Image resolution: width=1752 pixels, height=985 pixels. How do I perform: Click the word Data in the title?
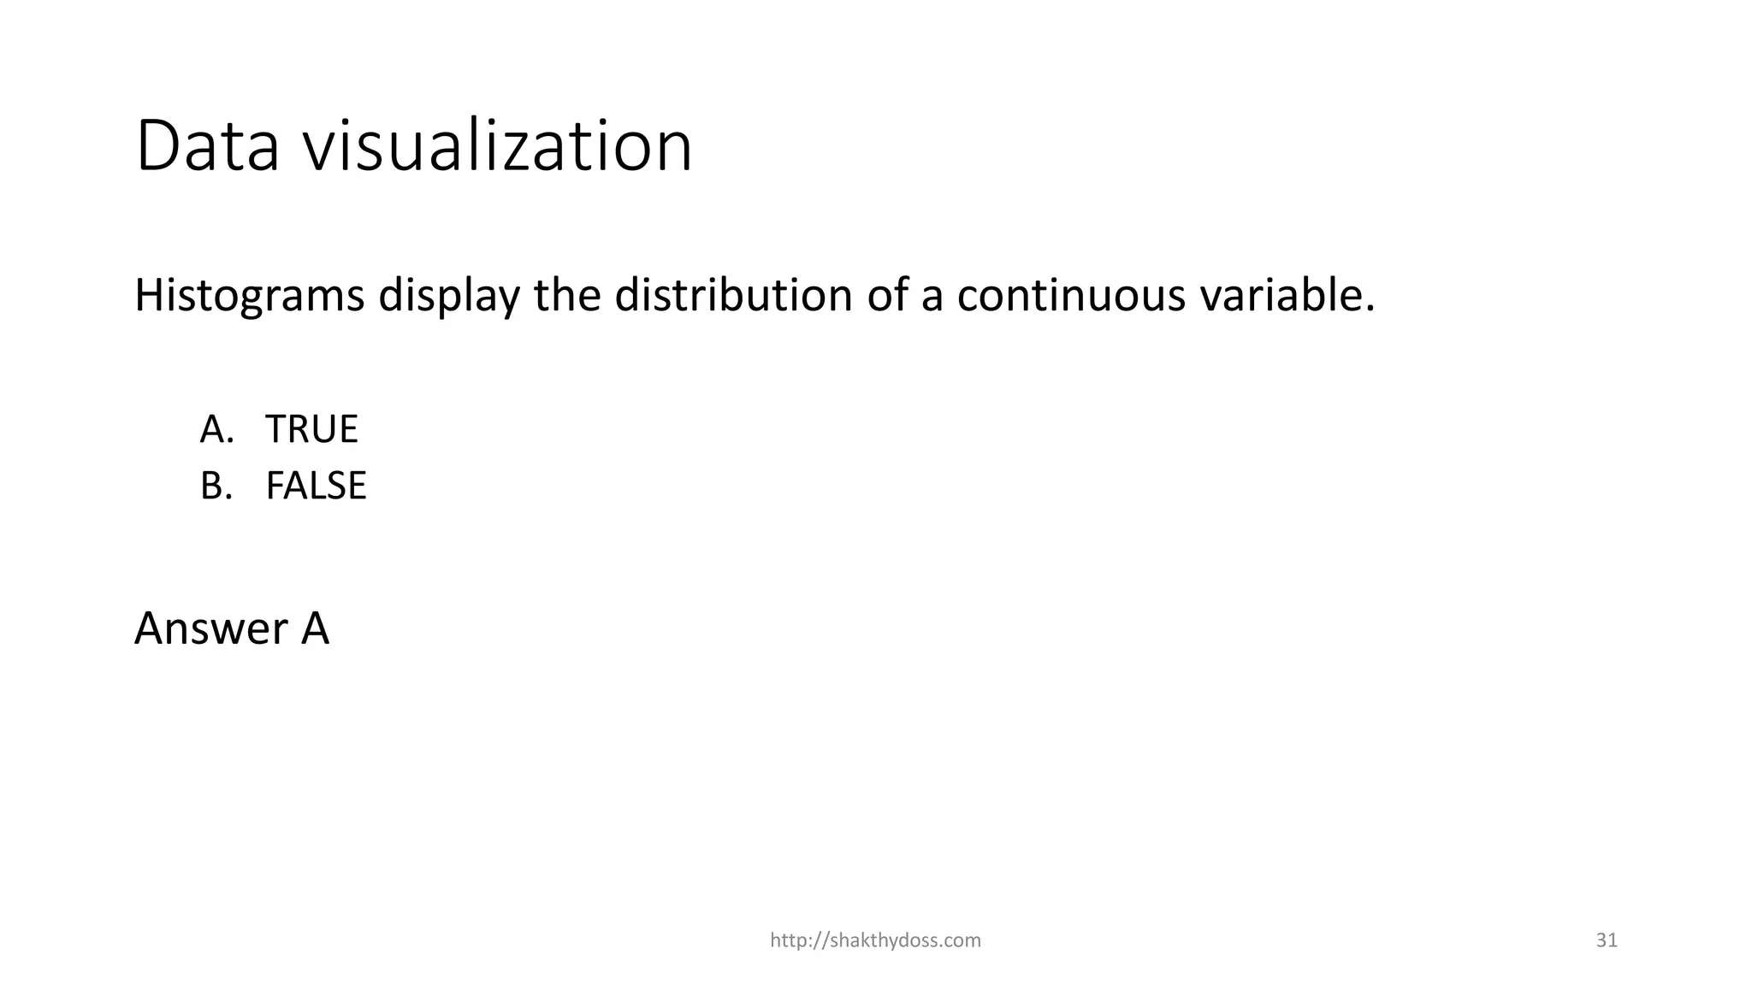(x=208, y=146)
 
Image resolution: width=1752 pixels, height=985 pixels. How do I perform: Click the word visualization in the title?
(x=498, y=146)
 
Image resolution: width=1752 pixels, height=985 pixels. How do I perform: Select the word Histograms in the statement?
(x=249, y=296)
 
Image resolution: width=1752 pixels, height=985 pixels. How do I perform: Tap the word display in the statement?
(x=449, y=296)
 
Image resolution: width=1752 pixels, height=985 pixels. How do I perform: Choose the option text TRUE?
(x=311, y=429)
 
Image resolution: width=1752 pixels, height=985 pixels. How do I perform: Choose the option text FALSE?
(x=316, y=486)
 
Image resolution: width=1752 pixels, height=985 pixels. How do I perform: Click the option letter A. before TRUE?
(x=217, y=429)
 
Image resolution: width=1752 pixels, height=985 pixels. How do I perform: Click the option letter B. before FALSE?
(x=216, y=486)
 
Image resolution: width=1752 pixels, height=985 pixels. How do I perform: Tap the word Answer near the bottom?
(x=211, y=628)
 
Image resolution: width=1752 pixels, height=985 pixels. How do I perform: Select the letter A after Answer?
(x=315, y=628)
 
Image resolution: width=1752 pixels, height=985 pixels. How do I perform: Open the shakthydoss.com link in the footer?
(x=875, y=941)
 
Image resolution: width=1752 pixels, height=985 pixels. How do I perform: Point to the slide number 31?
(x=1607, y=941)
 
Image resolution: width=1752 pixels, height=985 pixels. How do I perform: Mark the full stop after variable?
(x=1370, y=308)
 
